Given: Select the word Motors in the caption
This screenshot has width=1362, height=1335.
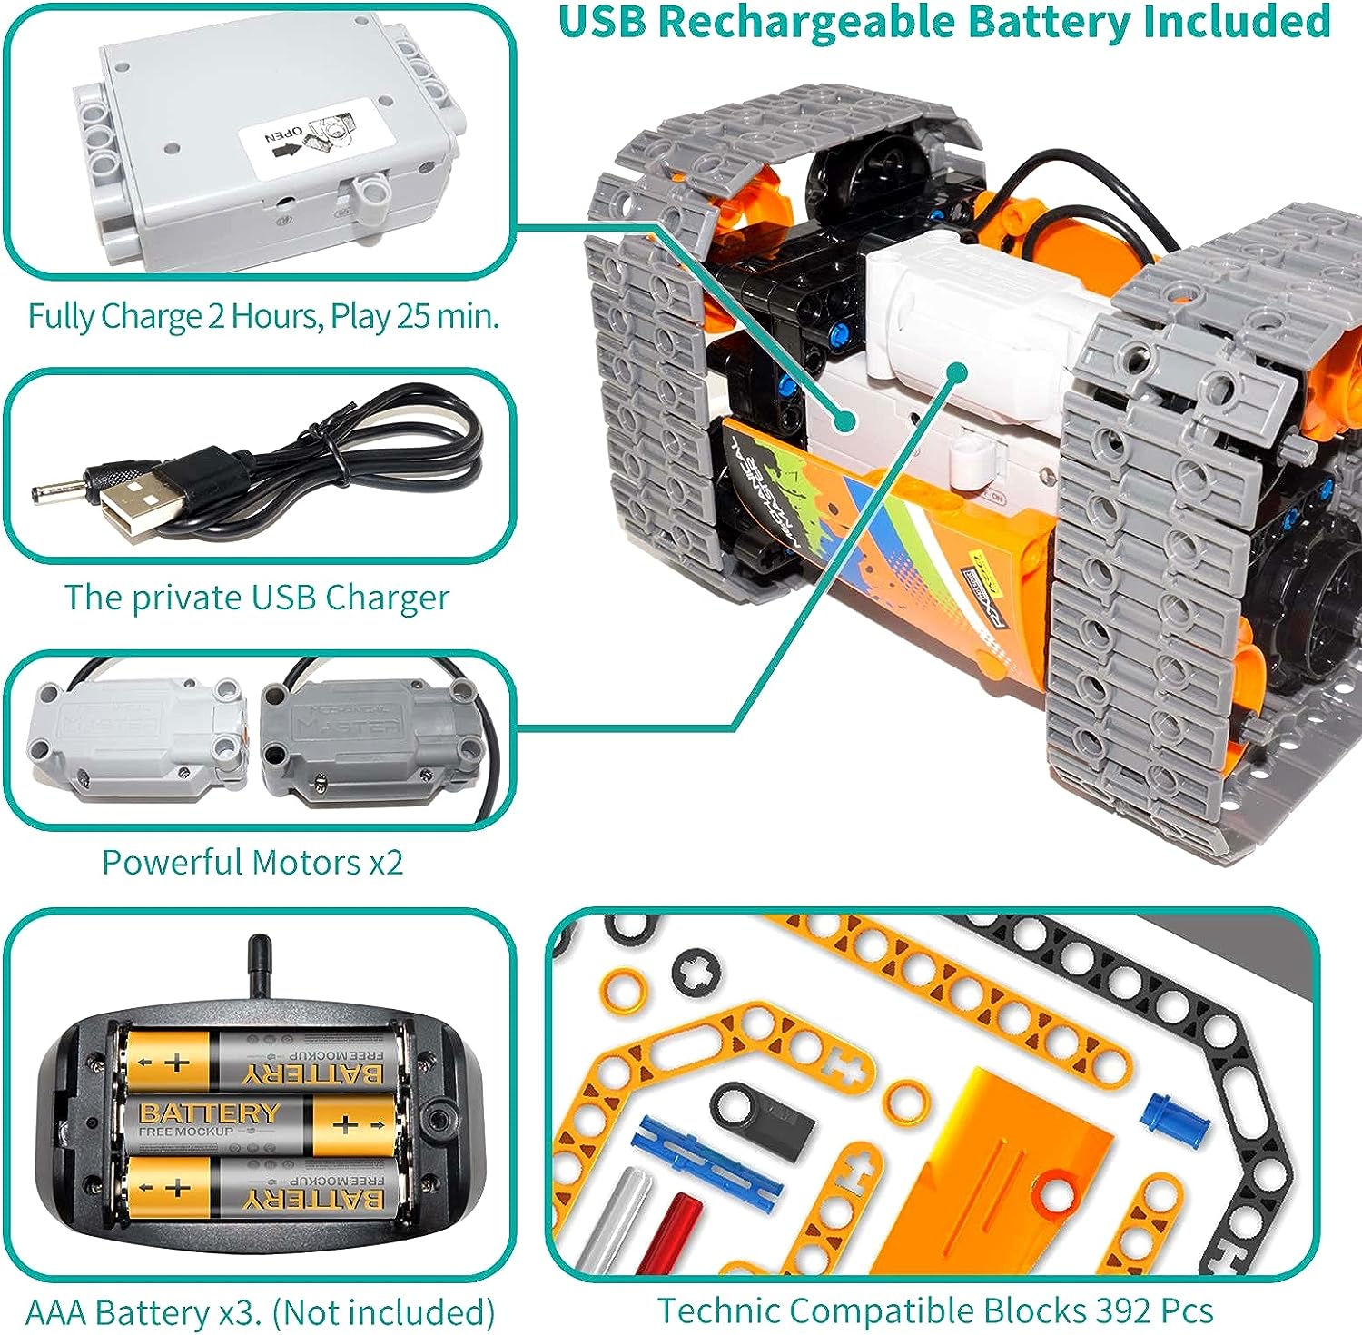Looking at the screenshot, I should click(x=306, y=862).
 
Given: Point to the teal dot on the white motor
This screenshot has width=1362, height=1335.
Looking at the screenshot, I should click(x=955, y=371).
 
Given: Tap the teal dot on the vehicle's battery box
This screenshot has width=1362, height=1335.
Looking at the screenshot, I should click(x=844, y=420).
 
